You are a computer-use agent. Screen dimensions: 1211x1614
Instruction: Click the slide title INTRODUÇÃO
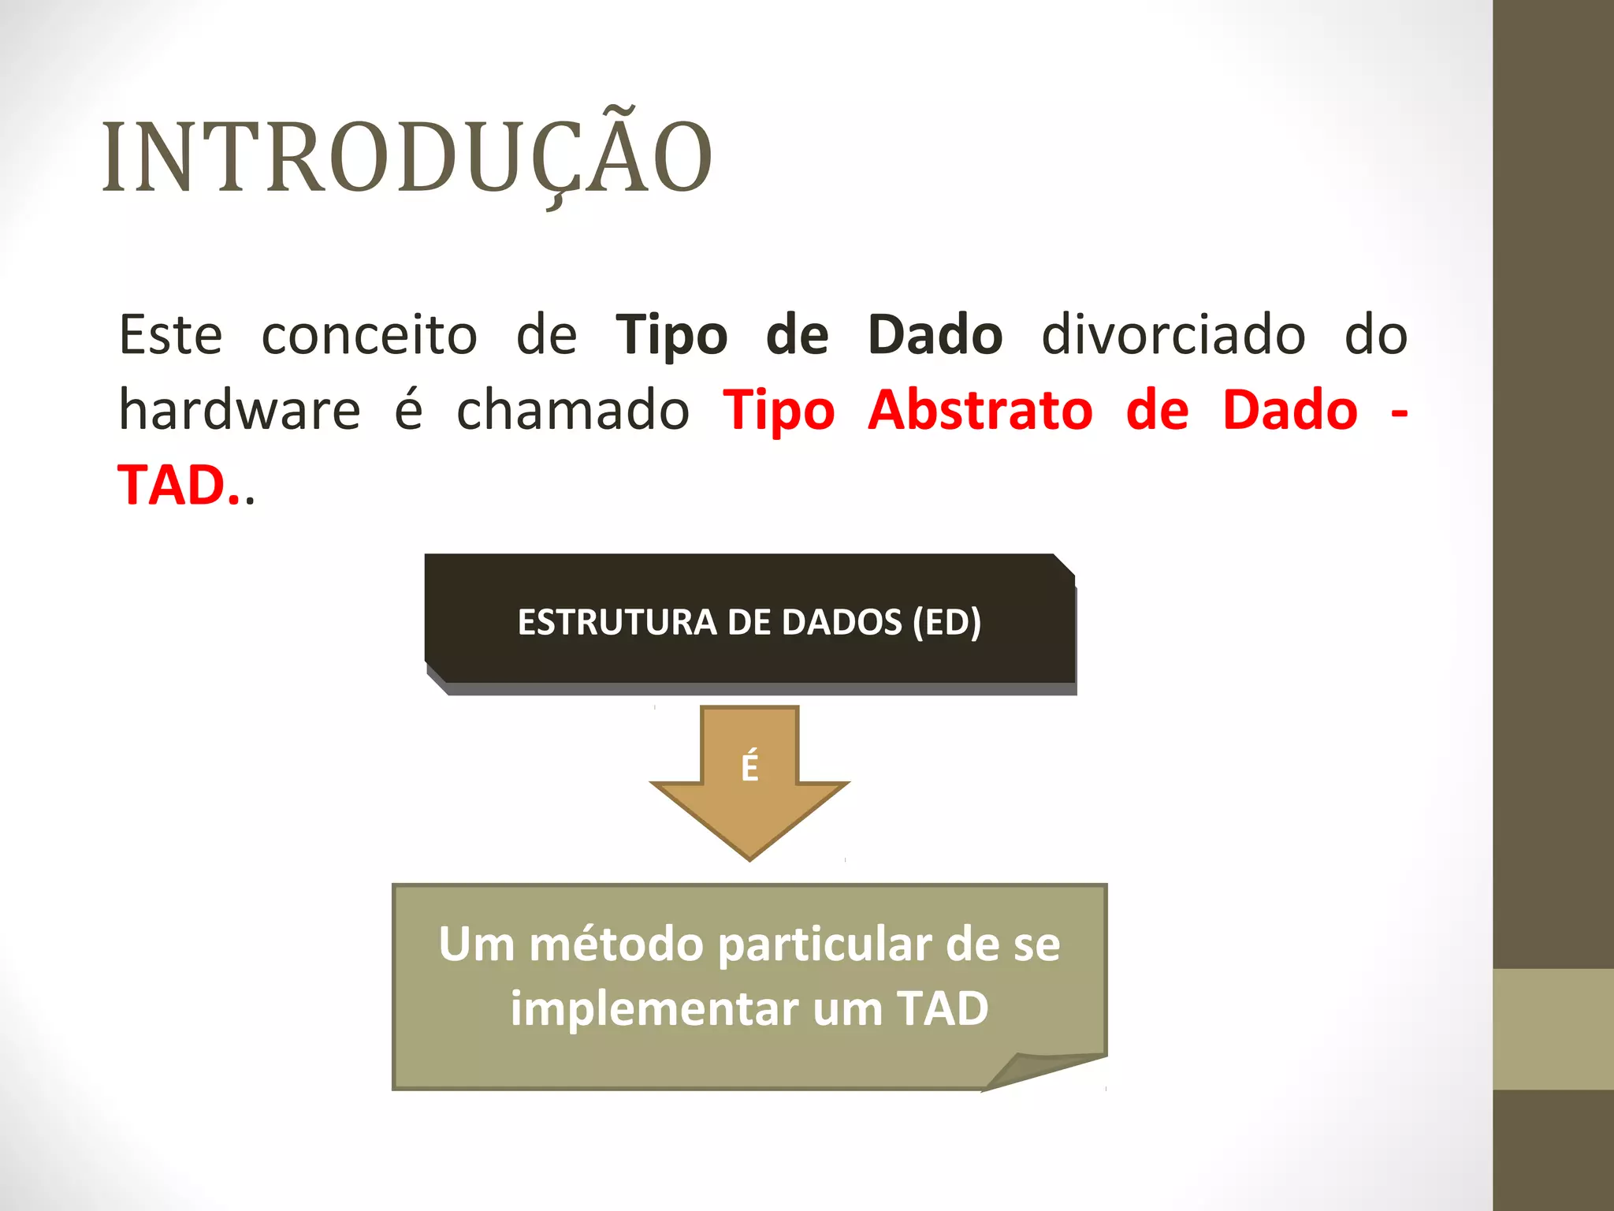407,158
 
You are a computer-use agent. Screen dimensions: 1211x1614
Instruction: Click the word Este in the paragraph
171,335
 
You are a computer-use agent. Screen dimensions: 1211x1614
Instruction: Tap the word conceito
369,335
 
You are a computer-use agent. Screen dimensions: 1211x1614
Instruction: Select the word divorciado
1173,335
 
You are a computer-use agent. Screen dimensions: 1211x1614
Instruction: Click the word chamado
573,411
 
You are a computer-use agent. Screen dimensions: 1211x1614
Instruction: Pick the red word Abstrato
980,411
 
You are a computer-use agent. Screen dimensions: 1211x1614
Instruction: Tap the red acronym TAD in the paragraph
173,485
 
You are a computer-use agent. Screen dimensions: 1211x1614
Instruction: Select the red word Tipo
779,411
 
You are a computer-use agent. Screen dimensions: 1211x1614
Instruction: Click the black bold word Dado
935,335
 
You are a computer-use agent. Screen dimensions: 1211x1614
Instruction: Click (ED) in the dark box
946,622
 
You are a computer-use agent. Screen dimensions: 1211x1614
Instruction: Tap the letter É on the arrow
749,767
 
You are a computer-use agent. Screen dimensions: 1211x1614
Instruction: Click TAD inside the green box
943,1008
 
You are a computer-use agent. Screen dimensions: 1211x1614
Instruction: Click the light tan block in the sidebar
1553,1029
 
